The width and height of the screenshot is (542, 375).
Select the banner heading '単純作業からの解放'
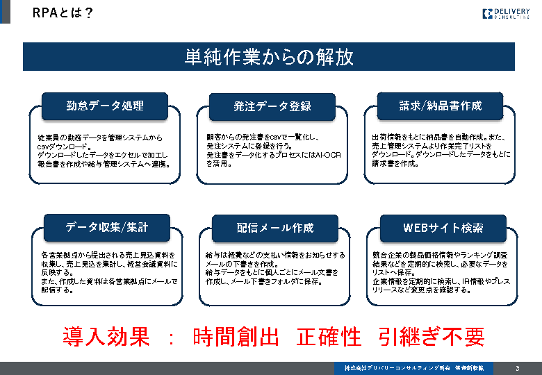tap(269, 57)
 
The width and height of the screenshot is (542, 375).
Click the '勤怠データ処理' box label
tap(105, 106)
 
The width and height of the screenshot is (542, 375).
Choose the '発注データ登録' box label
tap(272, 106)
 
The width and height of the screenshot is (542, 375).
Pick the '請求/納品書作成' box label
tap(440, 106)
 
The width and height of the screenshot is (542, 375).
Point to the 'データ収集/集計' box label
tap(106, 227)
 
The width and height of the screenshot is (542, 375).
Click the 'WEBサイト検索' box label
tap(443, 228)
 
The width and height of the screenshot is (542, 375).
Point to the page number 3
tap(517, 368)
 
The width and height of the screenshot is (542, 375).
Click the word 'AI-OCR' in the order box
tap(327, 155)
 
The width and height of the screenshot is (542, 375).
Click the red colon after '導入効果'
tap(170, 337)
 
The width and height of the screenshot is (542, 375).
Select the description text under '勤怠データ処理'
tap(104, 151)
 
